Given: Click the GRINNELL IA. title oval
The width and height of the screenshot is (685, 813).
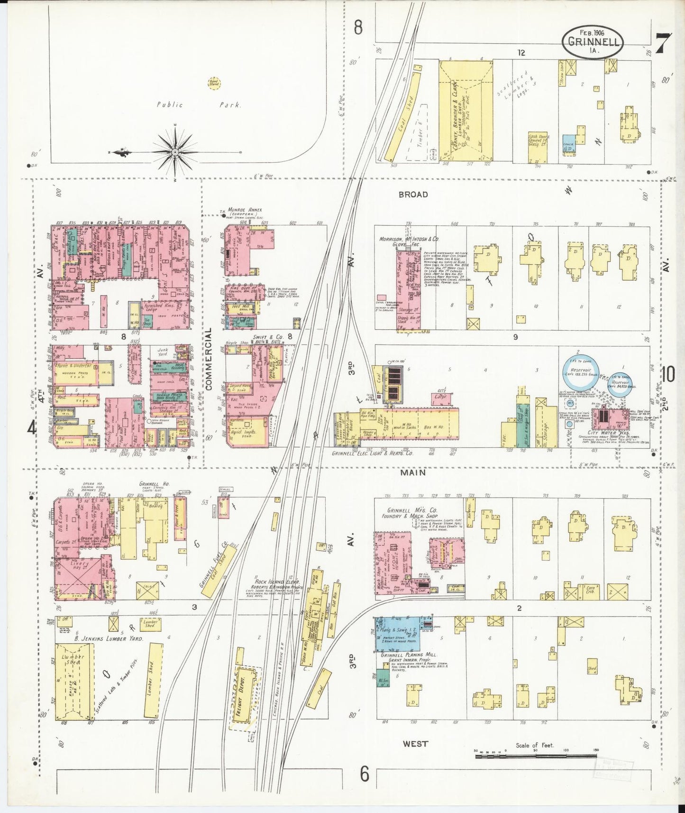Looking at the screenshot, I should click(593, 41).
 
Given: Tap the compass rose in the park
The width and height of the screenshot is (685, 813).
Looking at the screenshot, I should click(175, 152).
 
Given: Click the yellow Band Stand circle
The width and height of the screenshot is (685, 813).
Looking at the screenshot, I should click(214, 83).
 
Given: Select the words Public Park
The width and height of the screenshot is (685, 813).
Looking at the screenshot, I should click(199, 105).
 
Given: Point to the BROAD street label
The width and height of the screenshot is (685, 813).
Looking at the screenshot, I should click(413, 194).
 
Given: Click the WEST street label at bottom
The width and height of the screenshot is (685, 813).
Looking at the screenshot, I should click(415, 744).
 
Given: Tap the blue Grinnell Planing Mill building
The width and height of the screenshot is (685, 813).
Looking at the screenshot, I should click(397, 634).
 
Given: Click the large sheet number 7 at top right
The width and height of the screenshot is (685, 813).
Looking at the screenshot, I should click(662, 44).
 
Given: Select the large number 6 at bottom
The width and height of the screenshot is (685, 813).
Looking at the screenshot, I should click(364, 775).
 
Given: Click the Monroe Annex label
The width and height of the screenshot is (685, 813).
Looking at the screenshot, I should click(245, 210).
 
